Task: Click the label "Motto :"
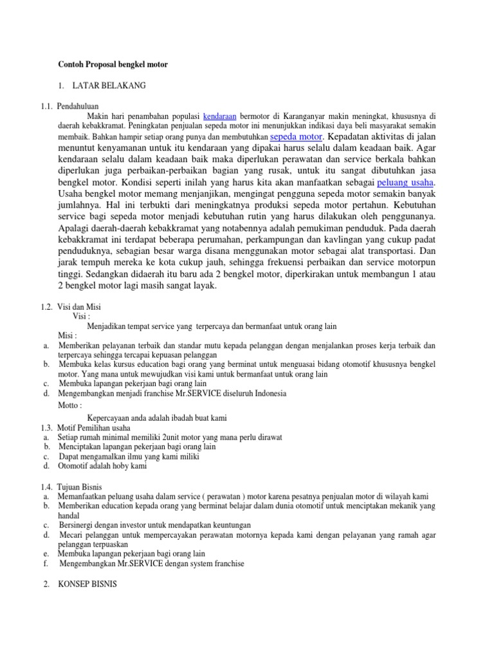[70, 406]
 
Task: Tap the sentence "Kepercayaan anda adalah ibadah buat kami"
[157, 418]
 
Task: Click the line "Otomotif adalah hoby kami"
[102, 467]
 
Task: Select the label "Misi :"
[68, 336]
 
